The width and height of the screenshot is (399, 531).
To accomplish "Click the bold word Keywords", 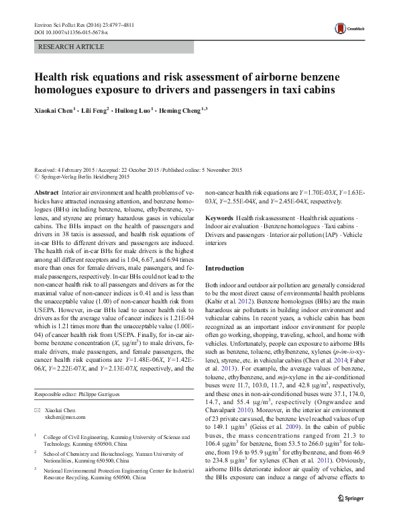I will pyautogui.click(x=219, y=219).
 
